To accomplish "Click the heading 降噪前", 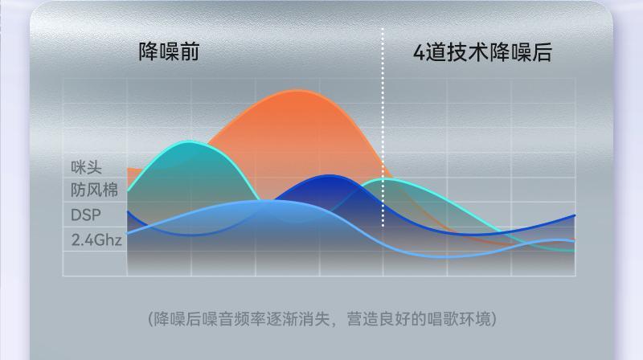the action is tap(169, 51).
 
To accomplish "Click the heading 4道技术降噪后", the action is tap(482, 52).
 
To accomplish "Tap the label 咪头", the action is tap(86, 167).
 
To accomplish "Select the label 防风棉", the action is tap(94, 190).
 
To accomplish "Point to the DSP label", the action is tap(86, 215).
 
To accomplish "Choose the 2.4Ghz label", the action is tap(96, 239).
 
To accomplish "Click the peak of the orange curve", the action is tap(298, 90).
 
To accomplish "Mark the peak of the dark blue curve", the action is tap(330, 176).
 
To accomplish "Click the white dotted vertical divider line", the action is tap(383, 127).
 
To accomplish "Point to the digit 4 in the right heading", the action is tap(419, 53).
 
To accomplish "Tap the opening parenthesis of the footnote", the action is tap(150, 319).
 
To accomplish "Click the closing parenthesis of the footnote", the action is tap(494, 319).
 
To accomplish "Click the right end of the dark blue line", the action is tap(575, 215).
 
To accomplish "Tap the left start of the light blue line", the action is tap(128, 233).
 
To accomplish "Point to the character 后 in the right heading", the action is tap(542, 52).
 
